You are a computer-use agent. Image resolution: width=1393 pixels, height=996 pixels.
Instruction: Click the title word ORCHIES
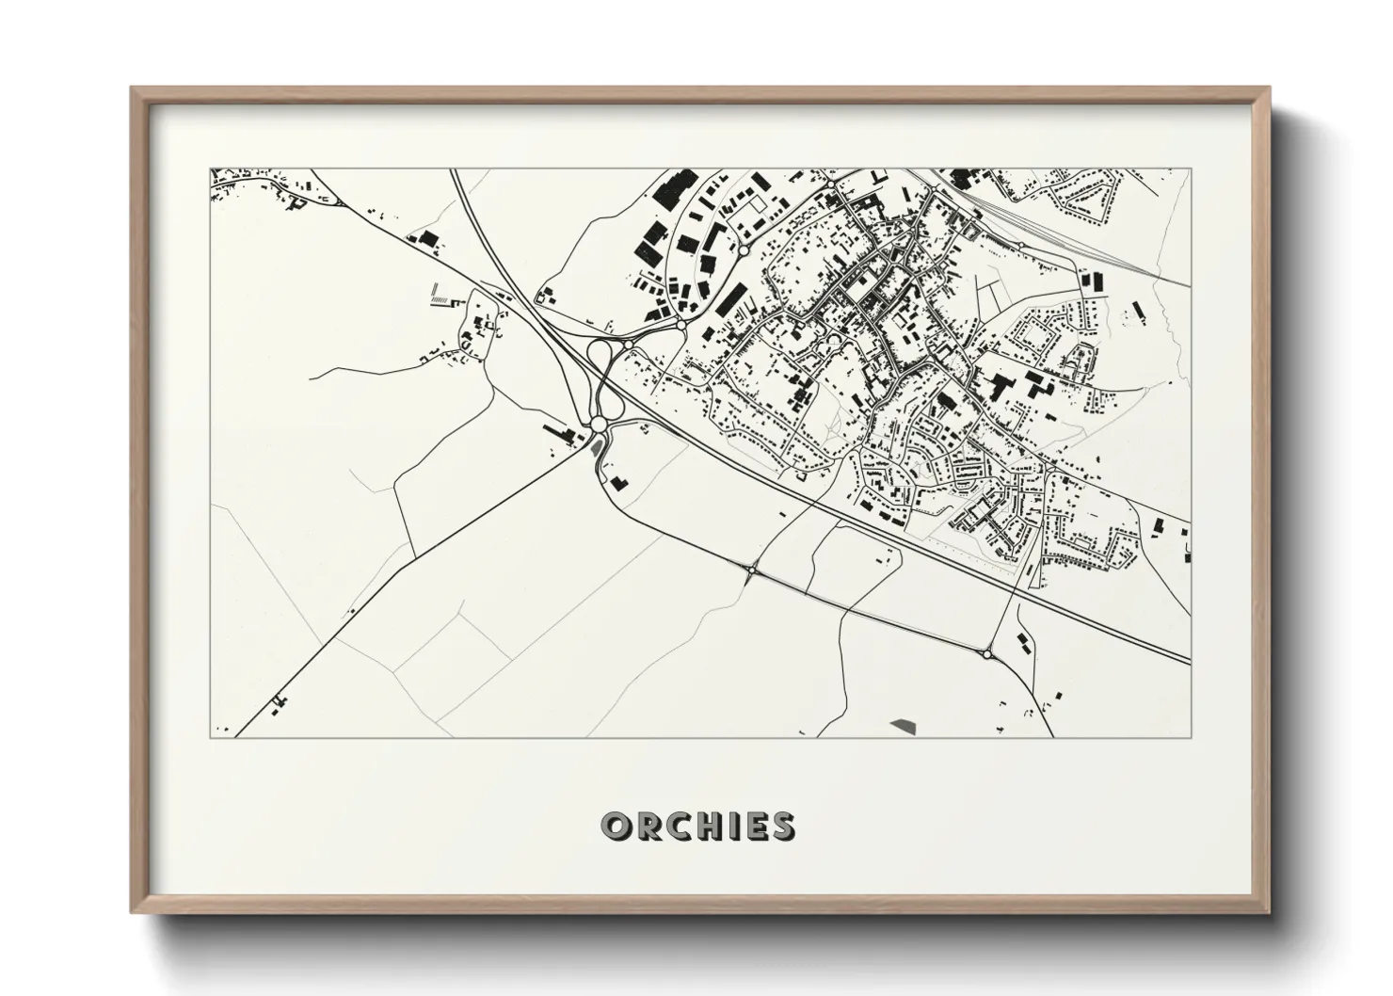click(697, 827)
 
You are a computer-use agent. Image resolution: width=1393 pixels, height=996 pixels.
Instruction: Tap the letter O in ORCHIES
click(616, 827)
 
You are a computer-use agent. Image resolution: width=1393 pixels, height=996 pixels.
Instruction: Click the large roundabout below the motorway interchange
click(599, 426)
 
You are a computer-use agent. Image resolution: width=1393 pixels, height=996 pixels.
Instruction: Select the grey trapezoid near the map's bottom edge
click(903, 724)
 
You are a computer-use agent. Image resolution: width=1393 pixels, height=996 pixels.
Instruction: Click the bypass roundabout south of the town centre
click(754, 570)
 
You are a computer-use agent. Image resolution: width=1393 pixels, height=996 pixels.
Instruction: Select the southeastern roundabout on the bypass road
click(986, 653)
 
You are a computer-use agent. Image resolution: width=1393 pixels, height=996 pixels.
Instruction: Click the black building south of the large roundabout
click(618, 483)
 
